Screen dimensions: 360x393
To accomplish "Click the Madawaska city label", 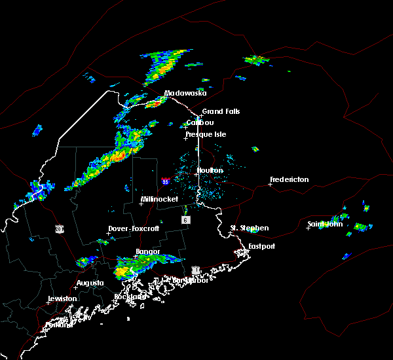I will click(x=185, y=93).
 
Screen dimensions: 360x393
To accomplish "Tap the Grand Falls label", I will click(x=221, y=111).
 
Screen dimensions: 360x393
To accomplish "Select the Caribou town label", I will click(x=200, y=122).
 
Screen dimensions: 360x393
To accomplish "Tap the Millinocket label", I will click(x=160, y=199).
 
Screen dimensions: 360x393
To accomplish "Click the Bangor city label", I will click(x=147, y=251).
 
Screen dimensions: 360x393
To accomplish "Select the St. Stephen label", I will click(x=249, y=228).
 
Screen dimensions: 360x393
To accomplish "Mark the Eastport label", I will click(x=261, y=246).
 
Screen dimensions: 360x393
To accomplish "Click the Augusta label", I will click(x=90, y=283).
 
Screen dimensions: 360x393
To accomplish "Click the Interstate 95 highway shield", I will click(x=166, y=181).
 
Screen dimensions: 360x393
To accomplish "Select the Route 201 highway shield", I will click(x=59, y=228).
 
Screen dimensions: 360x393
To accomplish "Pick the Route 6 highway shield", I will click(x=186, y=221).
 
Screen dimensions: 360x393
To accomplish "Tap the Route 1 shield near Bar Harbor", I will click(x=195, y=270).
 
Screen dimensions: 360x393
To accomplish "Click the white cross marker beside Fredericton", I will click(x=270, y=184).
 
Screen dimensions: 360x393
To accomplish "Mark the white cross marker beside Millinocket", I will click(x=141, y=204).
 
